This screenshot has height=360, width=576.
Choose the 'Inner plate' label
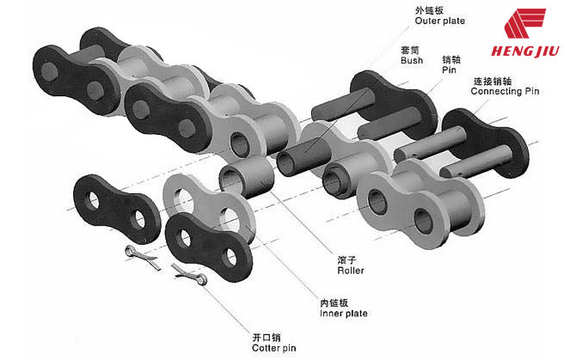[x=344, y=314]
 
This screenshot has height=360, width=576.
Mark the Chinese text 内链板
[x=334, y=302]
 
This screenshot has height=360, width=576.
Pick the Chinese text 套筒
[x=410, y=50]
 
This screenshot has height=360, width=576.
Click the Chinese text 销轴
[x=451, y=60]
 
